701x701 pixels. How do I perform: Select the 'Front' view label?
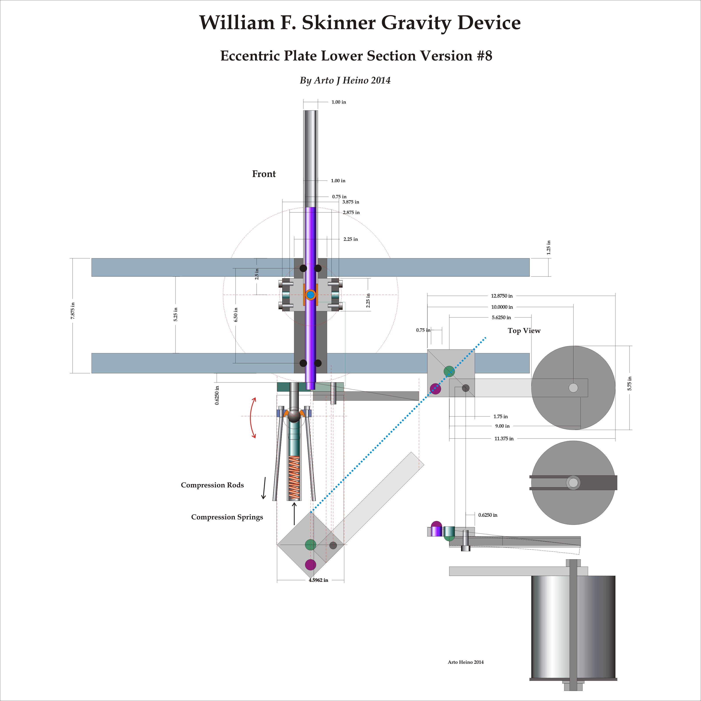click(x=264, y=174)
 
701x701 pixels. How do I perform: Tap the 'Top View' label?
click(x=524, y=331)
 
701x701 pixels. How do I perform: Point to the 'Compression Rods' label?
click(x=212, y=485)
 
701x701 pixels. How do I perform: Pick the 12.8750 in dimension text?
click(x=502, y=296)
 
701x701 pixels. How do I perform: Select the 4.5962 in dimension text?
click(x=318, y=580)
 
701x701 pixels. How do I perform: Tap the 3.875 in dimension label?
click(x=350, y=202)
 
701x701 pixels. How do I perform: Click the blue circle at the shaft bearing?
click(x=310, y=295)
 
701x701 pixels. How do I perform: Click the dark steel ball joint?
click(x=294, y=415)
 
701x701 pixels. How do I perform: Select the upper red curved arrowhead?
click(x=254, y=400)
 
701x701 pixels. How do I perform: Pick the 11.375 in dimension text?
click(x=504, y=439)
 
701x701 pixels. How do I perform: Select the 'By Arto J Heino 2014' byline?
click(x=345, y=81)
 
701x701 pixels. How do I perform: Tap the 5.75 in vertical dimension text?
click(x=630, y=384)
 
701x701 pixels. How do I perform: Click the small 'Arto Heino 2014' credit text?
click(x=466, y=662)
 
